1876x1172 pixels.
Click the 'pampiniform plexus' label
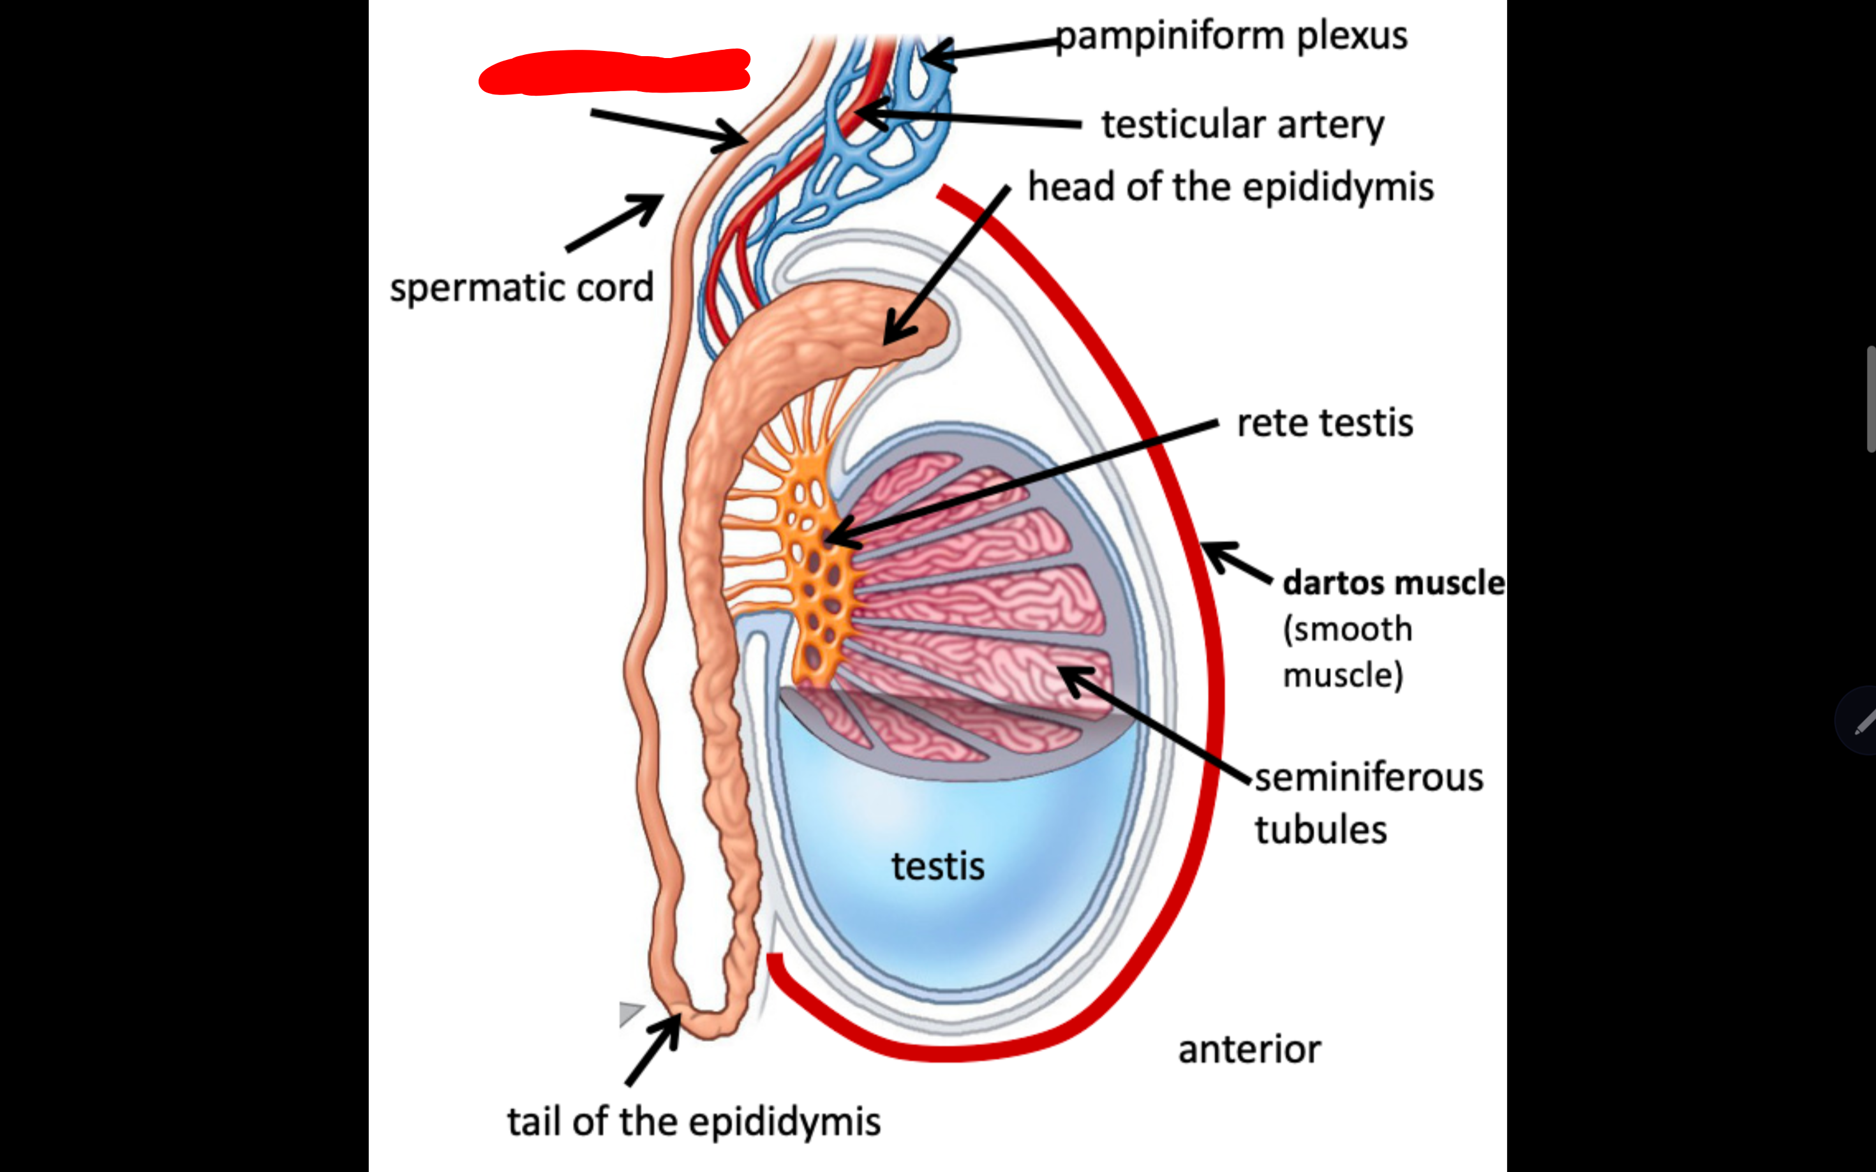click(x=1231, y=36)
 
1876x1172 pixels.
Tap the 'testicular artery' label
click(x=1242, y=124)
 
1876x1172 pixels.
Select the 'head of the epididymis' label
click(x=1230, y=187)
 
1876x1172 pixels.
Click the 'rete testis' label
click(x=1325, y=423)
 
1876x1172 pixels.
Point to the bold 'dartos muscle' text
click(x=1393, y=583)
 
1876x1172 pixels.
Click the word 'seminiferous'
click(x=1369, y=778)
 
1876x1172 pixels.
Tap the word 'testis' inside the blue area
click(x=937, y=866)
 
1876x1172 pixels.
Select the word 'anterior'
click(x=1249, y=1050)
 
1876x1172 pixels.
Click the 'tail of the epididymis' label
click(x=694, y=1122)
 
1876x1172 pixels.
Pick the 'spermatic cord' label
click(x=522, y=288)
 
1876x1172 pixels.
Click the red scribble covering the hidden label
click(x=614, y=71)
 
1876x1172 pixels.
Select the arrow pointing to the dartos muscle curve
click(x=1236, y=560)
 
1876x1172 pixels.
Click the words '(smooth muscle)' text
click(x=1346, y=652)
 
